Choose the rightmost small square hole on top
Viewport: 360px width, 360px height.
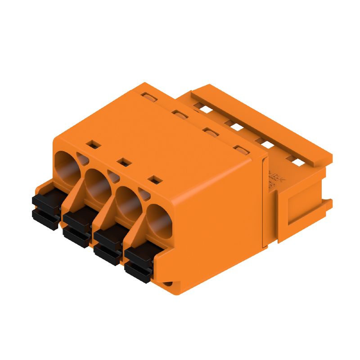coord(155,180)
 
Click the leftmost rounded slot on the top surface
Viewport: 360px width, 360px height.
coord(147,96)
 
